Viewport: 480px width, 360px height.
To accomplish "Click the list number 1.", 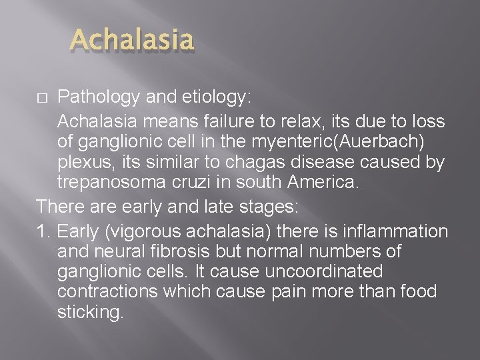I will (44, 231).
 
